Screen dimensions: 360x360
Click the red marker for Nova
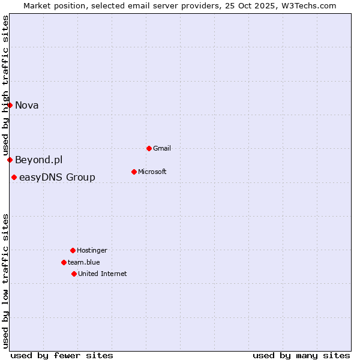point(10,106)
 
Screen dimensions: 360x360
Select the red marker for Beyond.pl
point(10,160)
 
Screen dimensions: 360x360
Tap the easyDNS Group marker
point(14,177)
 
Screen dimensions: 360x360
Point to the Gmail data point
point(149,148)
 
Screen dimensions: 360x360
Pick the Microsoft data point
point(134,172)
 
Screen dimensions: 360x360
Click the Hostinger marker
point(73,250)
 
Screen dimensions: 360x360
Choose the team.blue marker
point(64,262)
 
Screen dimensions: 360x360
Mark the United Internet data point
point(74,274)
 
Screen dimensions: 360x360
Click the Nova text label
point(27,106)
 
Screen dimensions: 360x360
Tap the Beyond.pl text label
point(39,160)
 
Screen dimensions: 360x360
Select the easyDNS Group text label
point(57,177)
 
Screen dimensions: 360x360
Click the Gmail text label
point(162,148)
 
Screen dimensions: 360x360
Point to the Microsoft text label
point(152,172)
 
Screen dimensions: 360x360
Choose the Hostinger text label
point(92,250)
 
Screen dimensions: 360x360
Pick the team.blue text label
point(84,262)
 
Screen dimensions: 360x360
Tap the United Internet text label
point(103,274)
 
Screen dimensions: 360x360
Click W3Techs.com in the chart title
point(310,5)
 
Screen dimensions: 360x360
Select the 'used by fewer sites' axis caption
point(62,355)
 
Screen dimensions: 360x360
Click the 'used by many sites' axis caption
point(301,355)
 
